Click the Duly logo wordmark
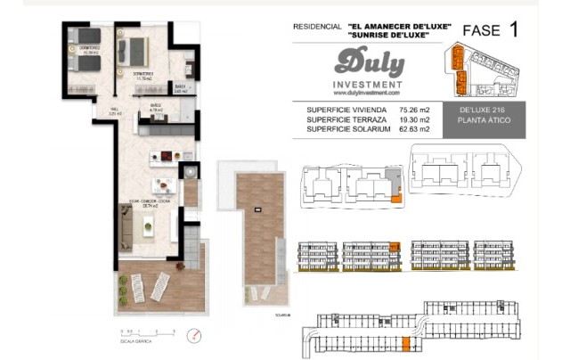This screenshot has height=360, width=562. click(x=370, y=62)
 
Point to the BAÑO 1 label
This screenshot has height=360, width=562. click(x=180, y=86)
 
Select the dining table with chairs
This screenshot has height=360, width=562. click(x=162, y=185)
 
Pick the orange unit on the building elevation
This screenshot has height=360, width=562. click(x=394, y=246)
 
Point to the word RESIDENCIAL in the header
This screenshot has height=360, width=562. click(x=315, y=27)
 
